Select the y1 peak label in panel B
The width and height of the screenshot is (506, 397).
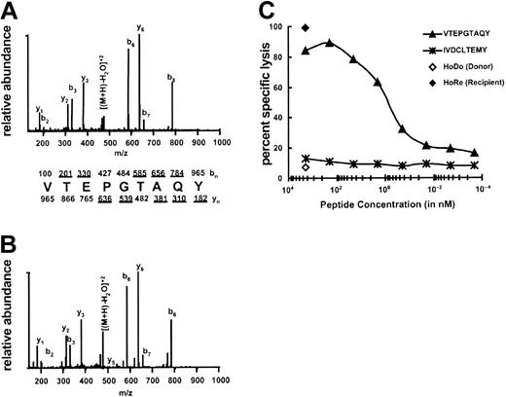point(39,340)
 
